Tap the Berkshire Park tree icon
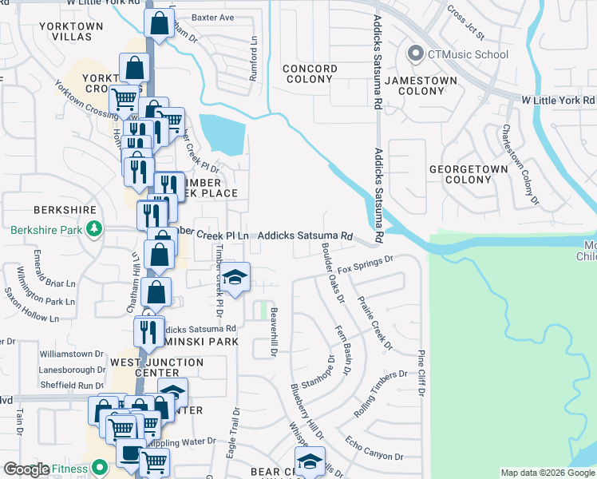pos(94,230)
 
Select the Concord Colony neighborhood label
pos(310,74)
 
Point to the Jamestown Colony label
pos(421,86)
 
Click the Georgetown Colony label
pos(469,174)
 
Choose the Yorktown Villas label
pos(72,32)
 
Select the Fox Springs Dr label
pos(366,265)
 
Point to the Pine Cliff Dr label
pos(420,373)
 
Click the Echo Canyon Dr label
pos(374,447)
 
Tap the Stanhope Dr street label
pos(315,369)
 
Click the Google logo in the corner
pos(26,469)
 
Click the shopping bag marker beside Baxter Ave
pos(159,25)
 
